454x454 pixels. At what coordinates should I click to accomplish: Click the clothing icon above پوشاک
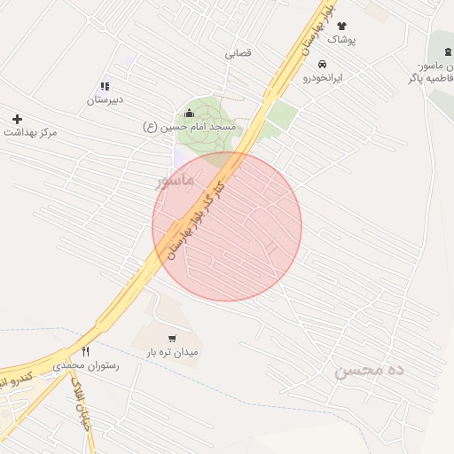pyautogui.click(x=342, y=26)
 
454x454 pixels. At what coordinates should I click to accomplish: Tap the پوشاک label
pyautogui.click(x=341, y=40)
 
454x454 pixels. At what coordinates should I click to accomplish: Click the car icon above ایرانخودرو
pyautogui.click(x=322, y=65)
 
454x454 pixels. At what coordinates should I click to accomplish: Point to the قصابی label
pyautogui.click(x=238, y=54)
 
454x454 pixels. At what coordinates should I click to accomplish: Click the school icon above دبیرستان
pyautogui.click(x=105, y=86)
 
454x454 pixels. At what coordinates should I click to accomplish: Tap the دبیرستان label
pyautogui.click(x=105, y=100)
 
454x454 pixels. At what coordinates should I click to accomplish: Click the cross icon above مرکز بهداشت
pyautogui.click(x=17, y=118)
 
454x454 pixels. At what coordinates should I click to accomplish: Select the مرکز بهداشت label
pyautogui.click(x=31, y=132)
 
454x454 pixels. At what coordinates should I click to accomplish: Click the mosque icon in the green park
pyautogui.click(x=189, y=113)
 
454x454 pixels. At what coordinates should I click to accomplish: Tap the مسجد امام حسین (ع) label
pyautogui.click(x=190, y=128)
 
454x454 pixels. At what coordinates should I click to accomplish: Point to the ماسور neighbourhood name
pyautogui.click(x=175, y=182)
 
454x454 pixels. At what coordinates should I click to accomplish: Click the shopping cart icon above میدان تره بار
pyautogui.click(x=172, y=338)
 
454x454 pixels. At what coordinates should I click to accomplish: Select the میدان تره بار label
pyautogui.click(x=173, y=352)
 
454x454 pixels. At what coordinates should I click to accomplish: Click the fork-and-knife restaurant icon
pyautogui.click(x=85, y=351)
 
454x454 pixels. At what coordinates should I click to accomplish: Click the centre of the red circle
pyautogui.click(x=227, y=226)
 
